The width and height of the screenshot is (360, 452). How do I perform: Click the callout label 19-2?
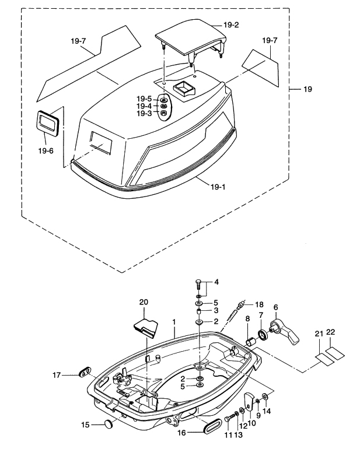[231, 25]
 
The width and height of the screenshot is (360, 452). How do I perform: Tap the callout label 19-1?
[218, 187]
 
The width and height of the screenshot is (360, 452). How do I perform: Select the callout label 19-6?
[46, 150]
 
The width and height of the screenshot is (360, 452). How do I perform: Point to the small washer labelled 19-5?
[163, 100]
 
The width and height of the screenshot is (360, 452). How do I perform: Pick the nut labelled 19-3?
[163, 113]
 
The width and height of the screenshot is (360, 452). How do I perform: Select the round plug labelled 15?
[109, 423]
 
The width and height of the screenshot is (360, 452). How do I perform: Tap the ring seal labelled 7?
[263, 335]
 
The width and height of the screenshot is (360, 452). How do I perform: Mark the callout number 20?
[144, 302]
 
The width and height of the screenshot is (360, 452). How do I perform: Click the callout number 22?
[331, 332]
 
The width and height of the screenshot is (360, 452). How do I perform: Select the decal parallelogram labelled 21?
[324, 359]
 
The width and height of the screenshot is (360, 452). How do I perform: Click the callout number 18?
[259, 304]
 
